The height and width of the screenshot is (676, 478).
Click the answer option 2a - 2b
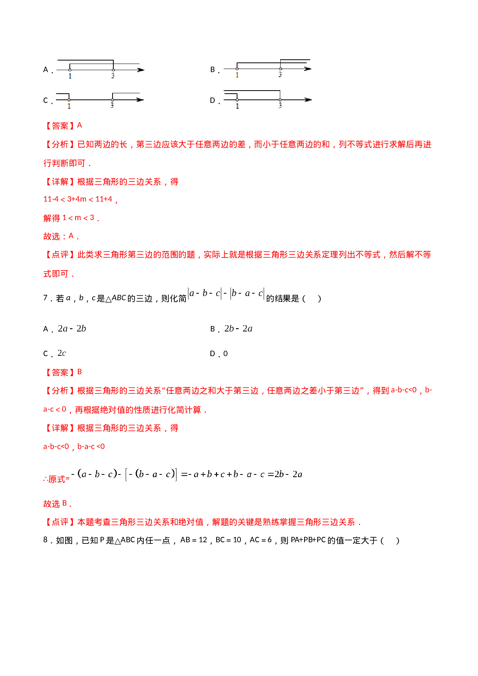[x=72, y=328]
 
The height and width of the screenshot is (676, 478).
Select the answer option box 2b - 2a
[x=238, y=328]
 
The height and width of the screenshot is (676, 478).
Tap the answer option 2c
[x=62, y=353]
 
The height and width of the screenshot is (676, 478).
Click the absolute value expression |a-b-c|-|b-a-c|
[x=226, y=294]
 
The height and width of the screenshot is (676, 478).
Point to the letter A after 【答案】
[x=80, y=125]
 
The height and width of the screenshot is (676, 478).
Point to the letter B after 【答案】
[x=80, y=372]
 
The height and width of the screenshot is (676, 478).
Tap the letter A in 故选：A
[x=71, y=236]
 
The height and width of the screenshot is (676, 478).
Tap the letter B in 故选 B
[x=65, y=503]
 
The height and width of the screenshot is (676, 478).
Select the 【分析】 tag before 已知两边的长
[x=60, y=145]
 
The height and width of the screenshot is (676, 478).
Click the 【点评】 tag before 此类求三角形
[x=60, y=255]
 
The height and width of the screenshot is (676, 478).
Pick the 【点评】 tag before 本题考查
[x=60, y=522]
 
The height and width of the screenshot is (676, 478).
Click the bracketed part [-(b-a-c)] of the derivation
[x=151, y=474]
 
